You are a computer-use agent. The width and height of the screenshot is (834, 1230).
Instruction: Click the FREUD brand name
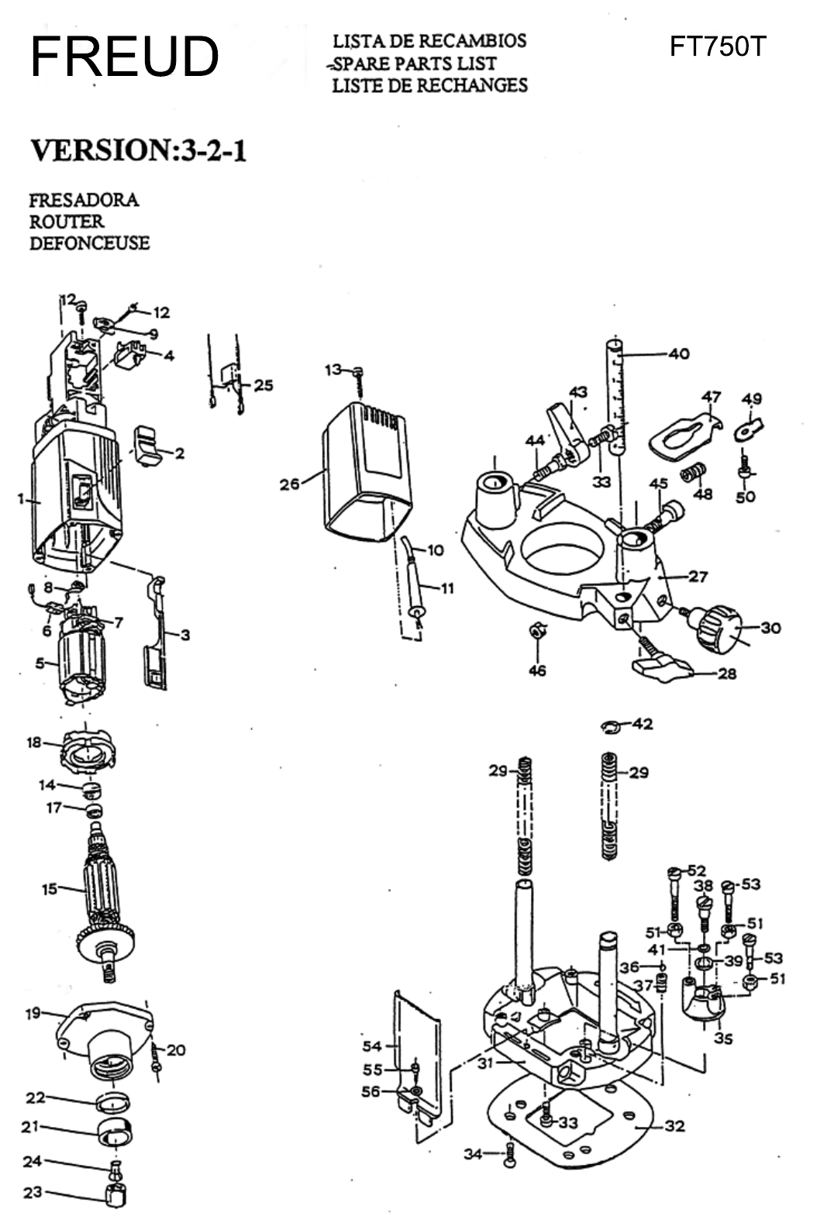[x=124, y=57]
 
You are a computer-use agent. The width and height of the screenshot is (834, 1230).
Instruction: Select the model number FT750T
[x=717, y=47]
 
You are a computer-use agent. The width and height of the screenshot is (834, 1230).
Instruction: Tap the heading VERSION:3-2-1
[x=138, y=150]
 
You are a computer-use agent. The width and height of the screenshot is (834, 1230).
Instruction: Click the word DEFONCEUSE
[x=89, y=243]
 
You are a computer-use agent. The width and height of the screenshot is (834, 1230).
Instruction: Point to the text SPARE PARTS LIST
[x=415, y=64]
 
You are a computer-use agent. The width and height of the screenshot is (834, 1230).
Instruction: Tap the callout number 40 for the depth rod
[x=678, y=354]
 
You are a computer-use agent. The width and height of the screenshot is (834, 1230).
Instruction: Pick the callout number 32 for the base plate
[x=674, y=1125]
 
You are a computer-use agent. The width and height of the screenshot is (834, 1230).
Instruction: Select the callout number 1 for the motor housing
[x=21, y=498]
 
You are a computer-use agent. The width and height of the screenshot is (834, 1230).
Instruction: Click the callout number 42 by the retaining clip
[x=643, y=724]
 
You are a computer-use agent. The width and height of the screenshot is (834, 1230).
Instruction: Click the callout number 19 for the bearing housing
[x=33, y=1013]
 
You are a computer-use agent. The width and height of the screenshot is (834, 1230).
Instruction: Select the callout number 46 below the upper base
[x=537, y=670]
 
